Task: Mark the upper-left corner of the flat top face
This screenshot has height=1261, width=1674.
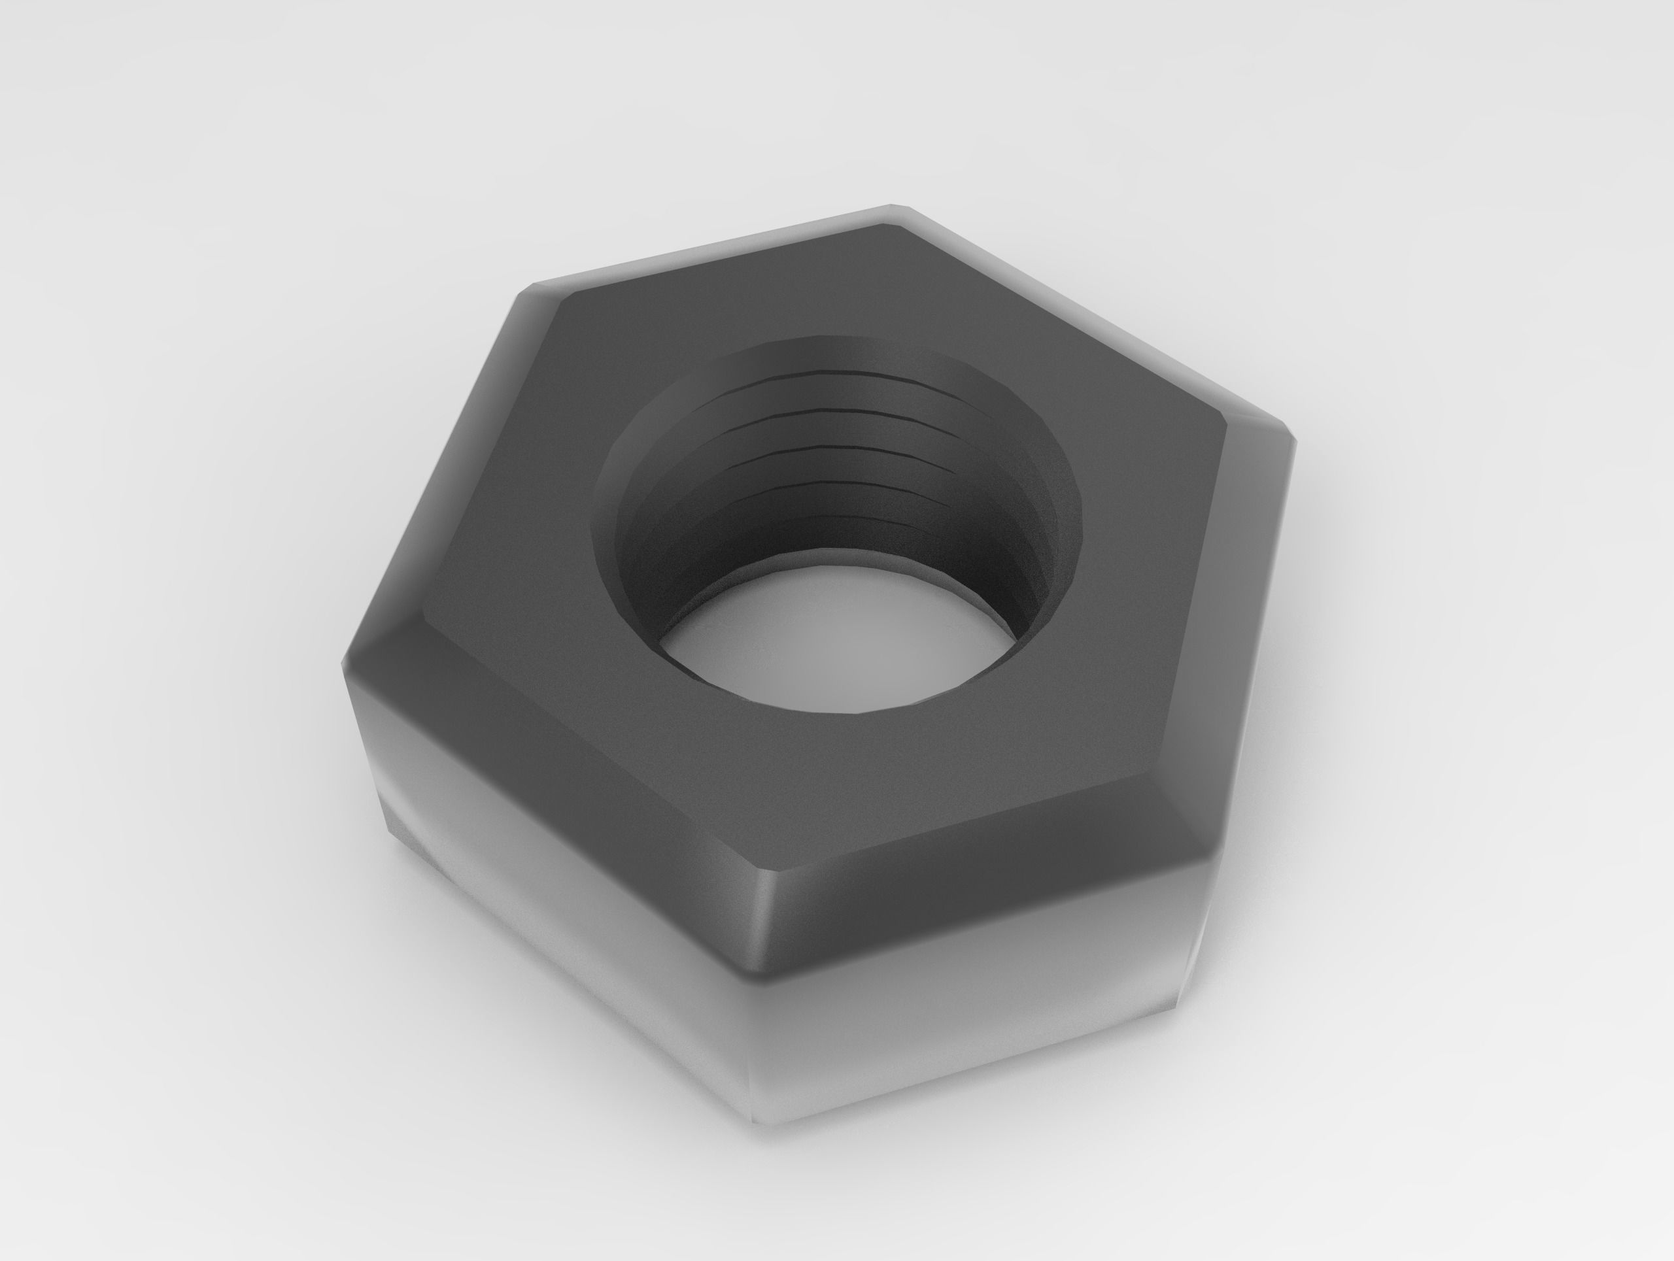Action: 564,297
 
